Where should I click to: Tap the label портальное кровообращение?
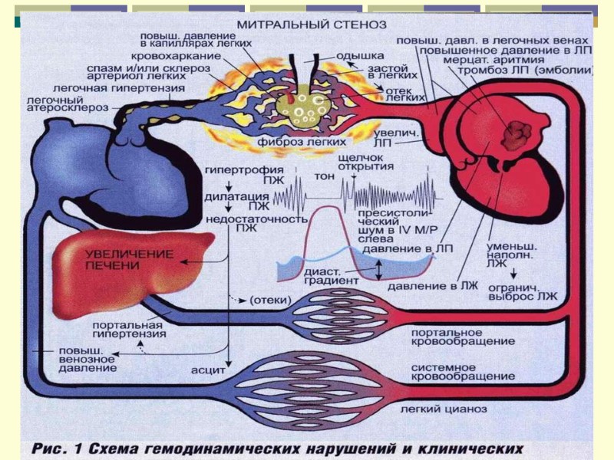pyautogui.click(x=446, y=337)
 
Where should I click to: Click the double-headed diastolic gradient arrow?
pyautogui.click(x=377, y=268)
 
